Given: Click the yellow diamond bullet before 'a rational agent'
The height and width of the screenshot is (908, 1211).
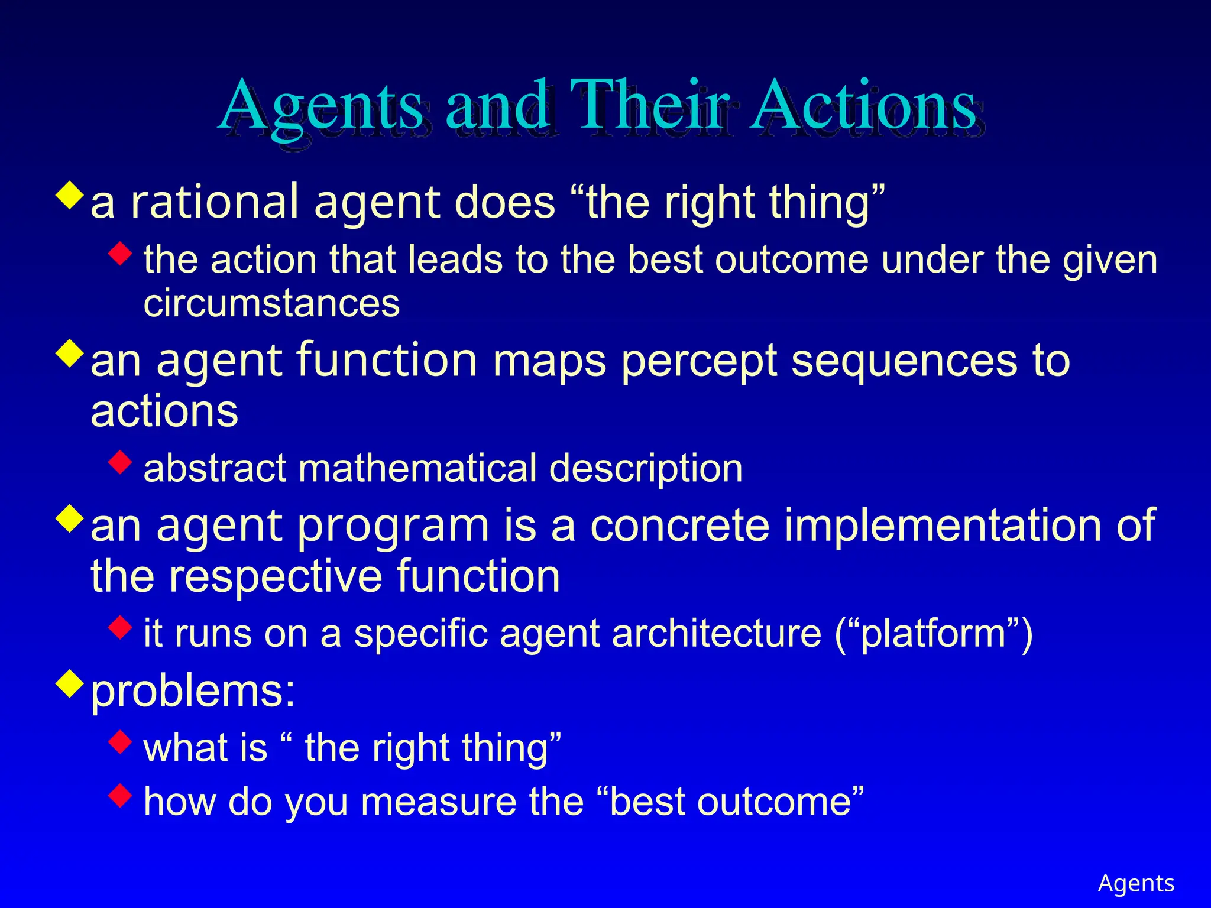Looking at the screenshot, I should click(70, 196).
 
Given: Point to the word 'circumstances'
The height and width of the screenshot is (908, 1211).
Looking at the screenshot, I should click(271, 304).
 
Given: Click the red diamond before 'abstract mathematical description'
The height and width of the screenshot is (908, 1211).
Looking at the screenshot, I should click(121, 462).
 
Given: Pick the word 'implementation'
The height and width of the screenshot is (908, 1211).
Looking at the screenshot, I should click(943, 526).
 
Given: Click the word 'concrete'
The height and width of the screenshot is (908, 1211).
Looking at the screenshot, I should click(679, 526).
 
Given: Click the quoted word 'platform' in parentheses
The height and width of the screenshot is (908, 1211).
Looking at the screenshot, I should click(933, 634).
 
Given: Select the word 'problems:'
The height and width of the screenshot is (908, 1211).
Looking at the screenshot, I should click(193, 691).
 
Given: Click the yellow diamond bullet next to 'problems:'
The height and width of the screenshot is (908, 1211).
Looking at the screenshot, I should click(70, 683).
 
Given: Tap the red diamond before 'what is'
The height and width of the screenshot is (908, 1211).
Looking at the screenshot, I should click(121, 741).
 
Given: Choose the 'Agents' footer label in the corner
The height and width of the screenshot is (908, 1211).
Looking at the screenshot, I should click(1135, 883).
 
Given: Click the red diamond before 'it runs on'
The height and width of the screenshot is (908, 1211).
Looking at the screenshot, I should click(121, 627).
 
